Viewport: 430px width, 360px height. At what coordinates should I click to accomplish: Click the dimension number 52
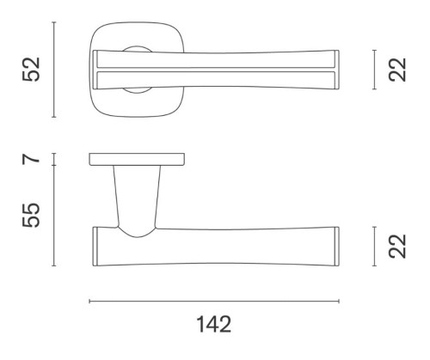(31, 70)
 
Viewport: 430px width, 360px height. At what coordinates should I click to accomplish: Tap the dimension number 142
(213, 324)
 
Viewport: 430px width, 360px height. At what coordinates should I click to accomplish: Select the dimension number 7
(31, 158)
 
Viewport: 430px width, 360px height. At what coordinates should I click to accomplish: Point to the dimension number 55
(31, 215)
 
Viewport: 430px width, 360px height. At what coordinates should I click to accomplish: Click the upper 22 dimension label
(397, 70)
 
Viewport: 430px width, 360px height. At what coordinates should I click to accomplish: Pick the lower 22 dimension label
(397, 247)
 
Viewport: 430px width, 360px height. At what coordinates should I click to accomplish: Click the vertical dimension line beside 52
(54, 70)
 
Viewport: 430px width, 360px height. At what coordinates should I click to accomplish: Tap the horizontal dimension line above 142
(214, 301)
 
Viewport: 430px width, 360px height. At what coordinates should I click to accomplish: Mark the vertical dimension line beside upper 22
(374, 70)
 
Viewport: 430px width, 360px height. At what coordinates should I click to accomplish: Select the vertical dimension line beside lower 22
(374, 247)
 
